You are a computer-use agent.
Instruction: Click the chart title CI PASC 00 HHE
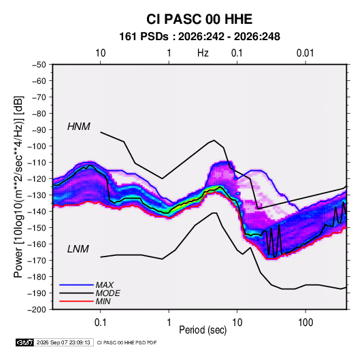(199, 19)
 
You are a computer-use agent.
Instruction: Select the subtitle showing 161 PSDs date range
(199, 37)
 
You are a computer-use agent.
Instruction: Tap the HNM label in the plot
(79, 127)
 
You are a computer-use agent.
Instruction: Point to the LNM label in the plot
(78, 249)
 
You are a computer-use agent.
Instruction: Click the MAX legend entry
(105, 285)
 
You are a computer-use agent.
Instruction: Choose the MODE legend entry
(108, 293)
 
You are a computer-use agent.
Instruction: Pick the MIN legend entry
(103, 301)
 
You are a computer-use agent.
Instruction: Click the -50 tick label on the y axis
(39, 65)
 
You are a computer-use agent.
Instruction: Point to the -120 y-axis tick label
(37, 179)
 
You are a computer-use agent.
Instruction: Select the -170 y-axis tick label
(37, 261)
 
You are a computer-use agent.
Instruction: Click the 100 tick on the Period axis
(305, 323)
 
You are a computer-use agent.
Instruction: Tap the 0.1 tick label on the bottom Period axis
(100, 323)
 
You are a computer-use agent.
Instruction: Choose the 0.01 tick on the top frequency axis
(305, 53)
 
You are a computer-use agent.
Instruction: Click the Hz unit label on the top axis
(203, 53)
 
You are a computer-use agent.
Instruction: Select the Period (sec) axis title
(203, 330)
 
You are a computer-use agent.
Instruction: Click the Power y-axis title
(18, 187)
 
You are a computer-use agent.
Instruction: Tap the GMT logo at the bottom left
(25, 342)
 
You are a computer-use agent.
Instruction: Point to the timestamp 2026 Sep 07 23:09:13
(63, 342)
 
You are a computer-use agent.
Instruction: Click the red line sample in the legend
(76, 301)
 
